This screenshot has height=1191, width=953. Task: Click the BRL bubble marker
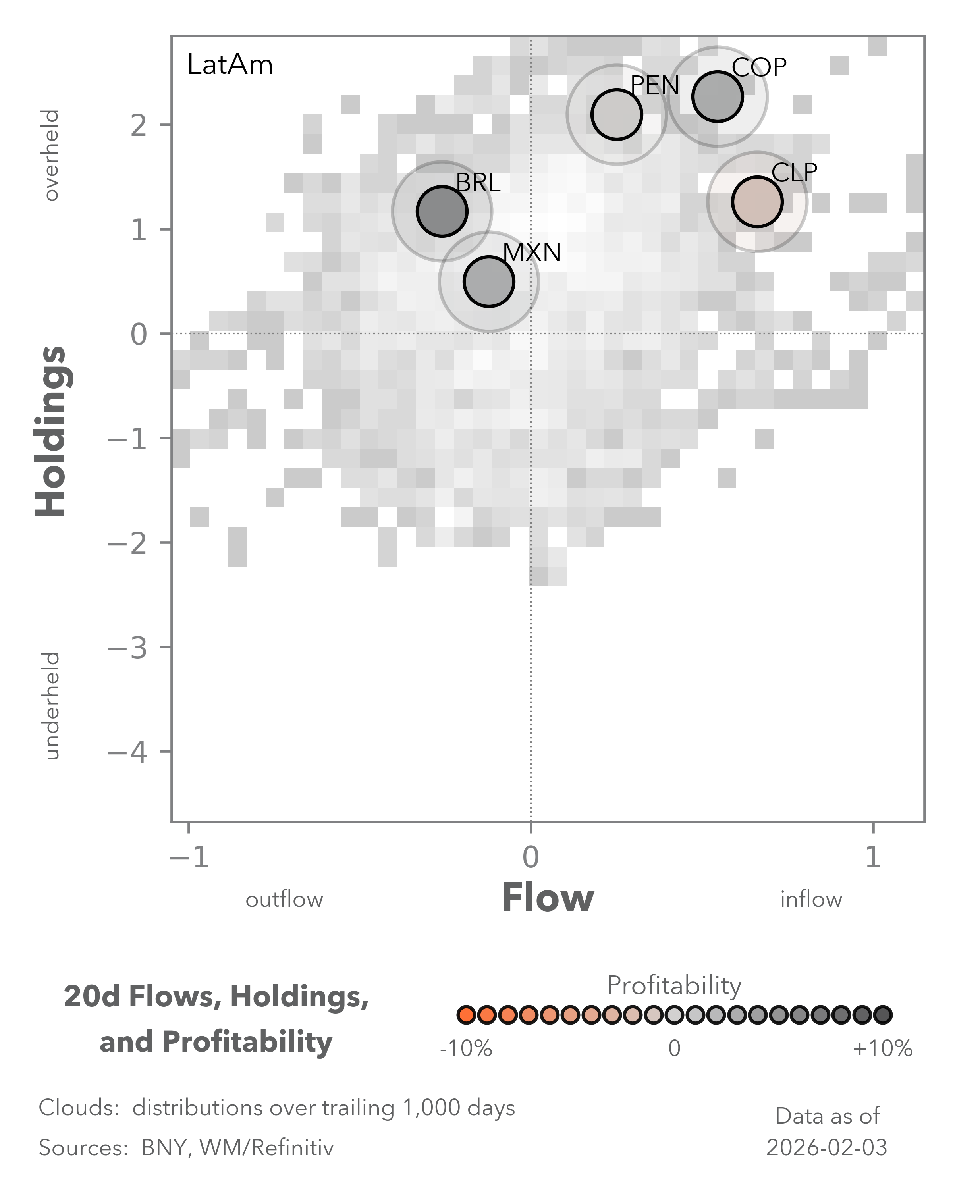coord(442,211)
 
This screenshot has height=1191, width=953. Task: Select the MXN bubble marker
coord(488,282)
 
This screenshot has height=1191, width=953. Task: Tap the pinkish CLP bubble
coord(757,202)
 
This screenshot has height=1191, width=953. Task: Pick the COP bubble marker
coord(717,97)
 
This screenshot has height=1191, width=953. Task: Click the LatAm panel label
coord(230,65)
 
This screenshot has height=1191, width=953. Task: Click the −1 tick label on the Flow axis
coord(189,858)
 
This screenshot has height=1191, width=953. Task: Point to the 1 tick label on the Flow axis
coord(872,858)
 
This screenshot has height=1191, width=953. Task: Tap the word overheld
coord(51,155)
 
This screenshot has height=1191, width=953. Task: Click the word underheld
coord(51,705)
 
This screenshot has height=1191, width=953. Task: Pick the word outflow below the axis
coord(284,900)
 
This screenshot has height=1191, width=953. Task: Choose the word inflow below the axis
coord(810,900)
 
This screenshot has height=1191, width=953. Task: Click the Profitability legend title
coord(673,985)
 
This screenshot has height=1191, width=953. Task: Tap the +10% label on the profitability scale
coord(882,1048)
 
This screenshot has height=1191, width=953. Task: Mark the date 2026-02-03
coord(826,1148)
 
